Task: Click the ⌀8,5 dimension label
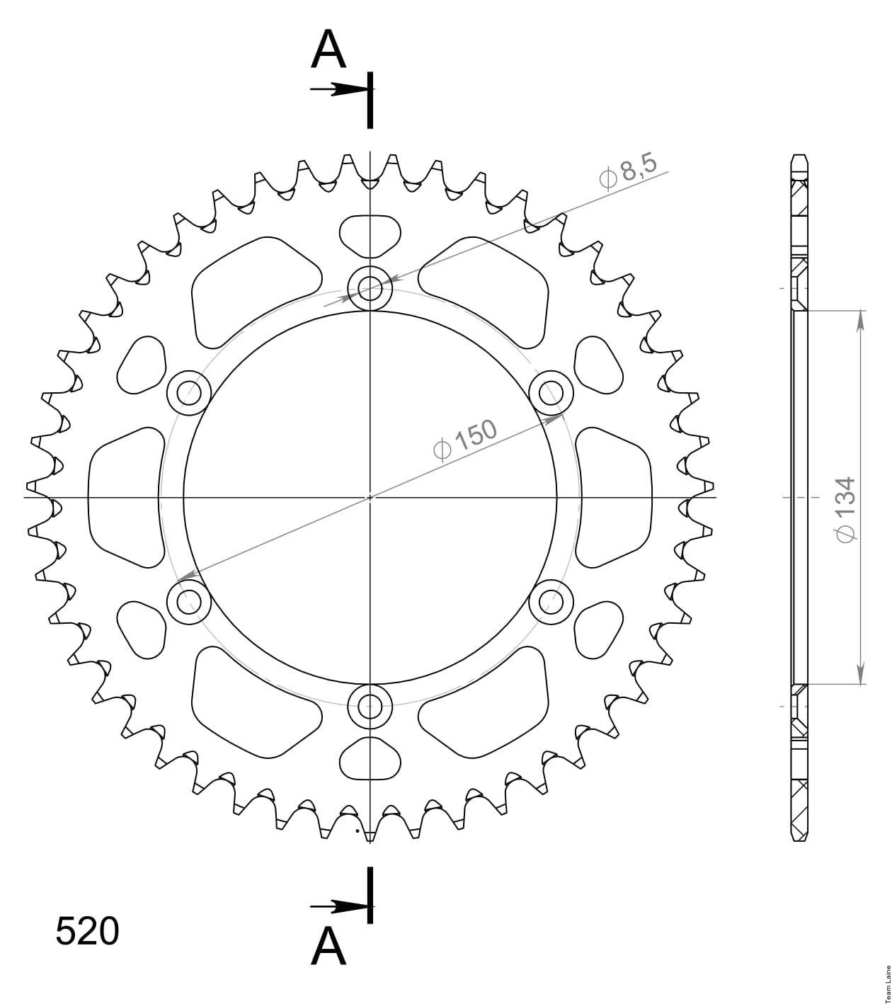click(x=628, y=172)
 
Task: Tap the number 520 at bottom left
click(x=87, y=931)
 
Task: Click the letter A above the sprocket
click(x=328, y=50)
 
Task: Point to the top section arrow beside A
click(x=340, y=89)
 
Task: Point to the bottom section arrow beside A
click(x=340, y=906)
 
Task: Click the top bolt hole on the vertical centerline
click(x=370, y=288)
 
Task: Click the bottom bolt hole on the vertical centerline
click(x=370, y=706)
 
